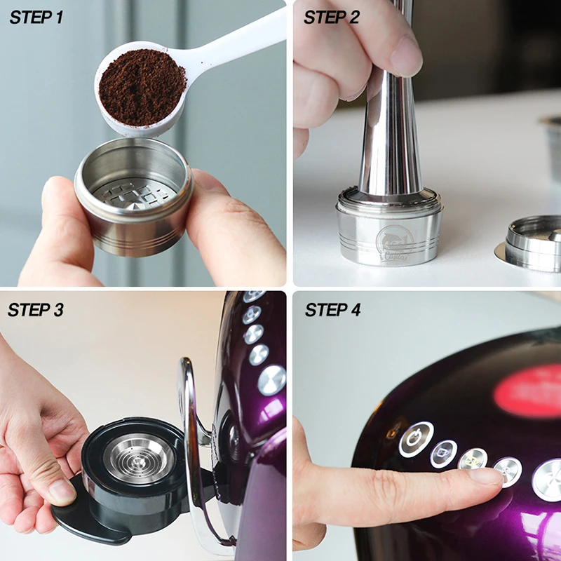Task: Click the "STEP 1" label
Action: click(x=36, y=18)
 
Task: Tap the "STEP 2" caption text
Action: click(x=331, y=18)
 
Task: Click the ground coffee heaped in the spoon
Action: click(x=141, y=87)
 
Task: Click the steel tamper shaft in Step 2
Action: click(x=393, y=140)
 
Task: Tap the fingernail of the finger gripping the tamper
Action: click(x=406, y=56)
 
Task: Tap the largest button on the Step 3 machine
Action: click(x=271, y=379)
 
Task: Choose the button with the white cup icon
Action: click(x=443, y=454)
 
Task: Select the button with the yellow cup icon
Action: click(x=473, y=459)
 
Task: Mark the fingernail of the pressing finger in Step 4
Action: click(x=488, y=475)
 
